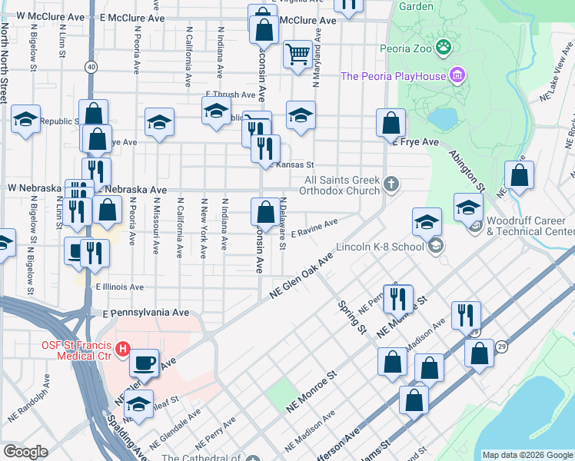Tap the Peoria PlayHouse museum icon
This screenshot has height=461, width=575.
(x=458, y=75)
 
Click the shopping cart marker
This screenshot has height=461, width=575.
(x=297, y=54)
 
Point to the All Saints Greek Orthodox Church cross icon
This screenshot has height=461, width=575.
(x=392, y=184)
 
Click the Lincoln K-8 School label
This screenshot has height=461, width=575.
(x=380, y=247)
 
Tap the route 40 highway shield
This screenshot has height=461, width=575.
(x=91, y=67)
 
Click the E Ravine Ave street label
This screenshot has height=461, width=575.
(x=315, y=225)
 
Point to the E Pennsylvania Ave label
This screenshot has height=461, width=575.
(x=146, y=313)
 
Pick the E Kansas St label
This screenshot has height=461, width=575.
(x=289, y=164)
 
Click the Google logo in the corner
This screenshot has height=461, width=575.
(x=25, y=452)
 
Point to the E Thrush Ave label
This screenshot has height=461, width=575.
(x=230, y=95)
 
